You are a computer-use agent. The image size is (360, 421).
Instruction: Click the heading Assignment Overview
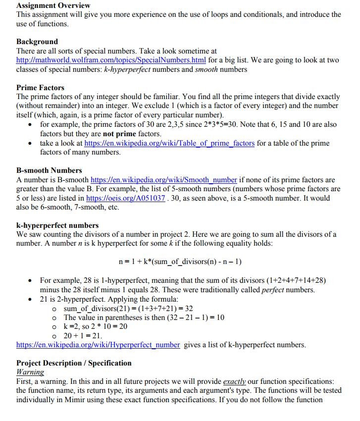(x=53, y=5)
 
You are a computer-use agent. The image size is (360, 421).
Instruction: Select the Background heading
(x=37, y=42)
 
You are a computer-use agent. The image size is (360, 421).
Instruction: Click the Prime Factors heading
(x=40, y=88)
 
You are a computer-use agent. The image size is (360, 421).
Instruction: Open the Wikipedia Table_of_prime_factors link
(x=169, y=143)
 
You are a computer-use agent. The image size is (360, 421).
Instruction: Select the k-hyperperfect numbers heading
(x=57, y=225)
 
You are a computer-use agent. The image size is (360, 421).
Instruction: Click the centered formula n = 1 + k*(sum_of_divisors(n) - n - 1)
(x=180, y=261)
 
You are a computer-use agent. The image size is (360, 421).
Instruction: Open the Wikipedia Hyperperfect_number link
(x=98, y=345)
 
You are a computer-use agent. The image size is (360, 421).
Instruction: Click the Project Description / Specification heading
(x=74, y=363)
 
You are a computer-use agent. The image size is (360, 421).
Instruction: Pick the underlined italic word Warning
(x=30, y=372)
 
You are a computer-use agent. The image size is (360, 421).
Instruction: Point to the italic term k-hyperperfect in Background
(x=127, y=69)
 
